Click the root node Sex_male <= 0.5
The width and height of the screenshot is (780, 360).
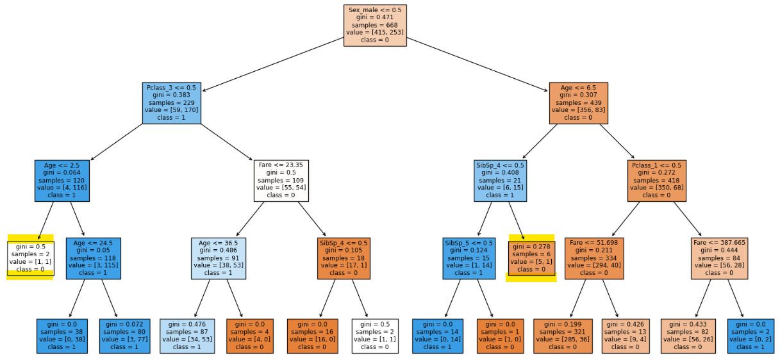(375, 26)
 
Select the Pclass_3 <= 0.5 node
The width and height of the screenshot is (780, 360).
(172, 103)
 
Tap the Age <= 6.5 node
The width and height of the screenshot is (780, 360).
(579, 103)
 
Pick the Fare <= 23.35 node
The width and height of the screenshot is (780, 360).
(281, 181)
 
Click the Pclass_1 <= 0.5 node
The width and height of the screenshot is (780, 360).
(657, 181)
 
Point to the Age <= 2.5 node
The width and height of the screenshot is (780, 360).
(62, 181)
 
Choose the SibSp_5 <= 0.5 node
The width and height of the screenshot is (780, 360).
(469, 258)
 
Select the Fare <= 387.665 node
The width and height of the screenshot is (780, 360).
(719, 258)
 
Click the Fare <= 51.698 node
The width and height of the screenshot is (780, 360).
(594, 258)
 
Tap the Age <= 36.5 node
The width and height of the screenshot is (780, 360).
(219, 258)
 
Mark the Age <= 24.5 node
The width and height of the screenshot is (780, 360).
(94, 258)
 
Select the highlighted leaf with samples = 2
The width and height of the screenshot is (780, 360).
(31, 258)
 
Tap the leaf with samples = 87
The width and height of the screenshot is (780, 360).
(187, 336)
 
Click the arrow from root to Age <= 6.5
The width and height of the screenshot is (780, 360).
(477, 64)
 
